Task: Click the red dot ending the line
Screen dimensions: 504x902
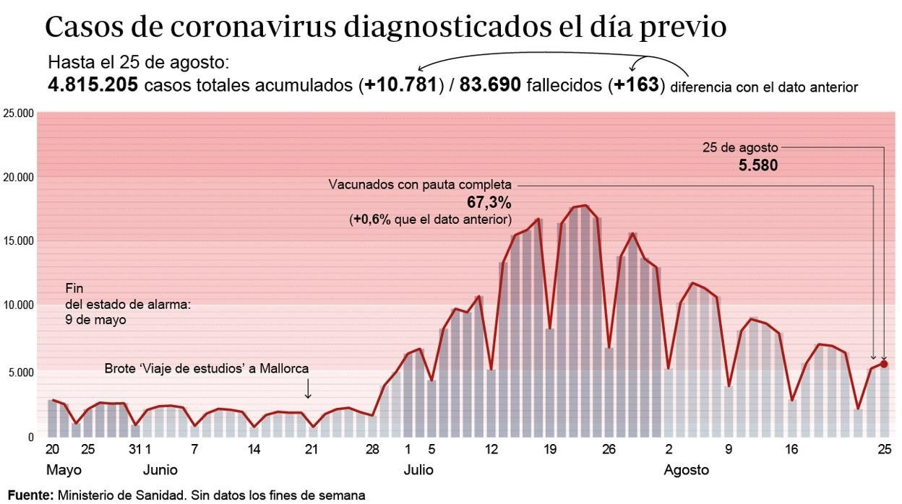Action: [884, 364]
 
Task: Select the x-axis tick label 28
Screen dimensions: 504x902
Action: [372, 449]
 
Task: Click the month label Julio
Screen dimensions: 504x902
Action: [418, 471]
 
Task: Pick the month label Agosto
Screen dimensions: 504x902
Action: [686, 471]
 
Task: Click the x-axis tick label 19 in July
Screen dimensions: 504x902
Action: [550, 449]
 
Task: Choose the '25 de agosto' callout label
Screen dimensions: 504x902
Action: [740, 147]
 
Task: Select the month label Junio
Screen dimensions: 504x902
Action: [160, 471]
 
